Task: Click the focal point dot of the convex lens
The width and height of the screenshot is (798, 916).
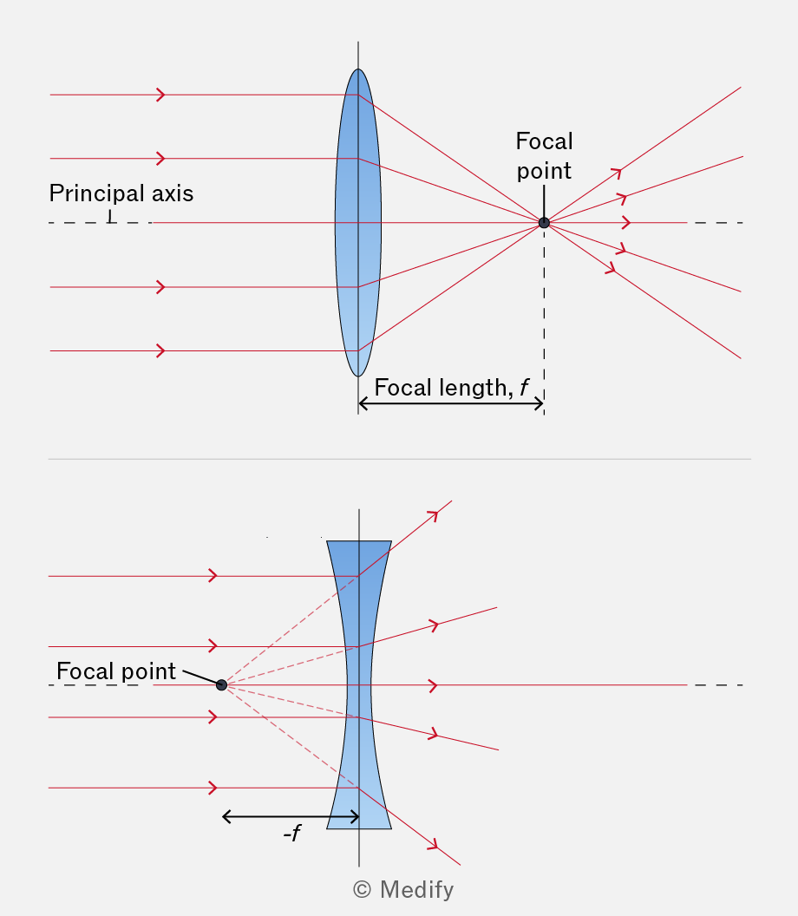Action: click(x=544, y=223)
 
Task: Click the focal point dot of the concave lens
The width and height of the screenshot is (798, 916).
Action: click(x=221, y=684)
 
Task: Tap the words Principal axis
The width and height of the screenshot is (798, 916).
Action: click(x=121, y=193)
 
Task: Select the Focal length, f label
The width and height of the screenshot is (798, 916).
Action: click(x=451, y=388)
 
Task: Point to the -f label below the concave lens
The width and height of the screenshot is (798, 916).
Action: click(x=291, y=833)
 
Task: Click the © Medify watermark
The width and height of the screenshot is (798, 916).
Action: click(x=403, y=890)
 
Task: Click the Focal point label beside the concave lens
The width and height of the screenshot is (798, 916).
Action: click(x=116, y=671)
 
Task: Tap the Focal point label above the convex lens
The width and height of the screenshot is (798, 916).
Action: click(x=545, y=156)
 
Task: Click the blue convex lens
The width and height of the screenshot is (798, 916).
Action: click(x=358, y=223)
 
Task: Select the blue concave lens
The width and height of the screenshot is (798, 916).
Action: click(x=359, y=684)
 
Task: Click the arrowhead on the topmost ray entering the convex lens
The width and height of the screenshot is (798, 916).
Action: click(x=161, y=95)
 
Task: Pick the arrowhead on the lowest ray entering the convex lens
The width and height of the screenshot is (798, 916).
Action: click(x=161, y=350)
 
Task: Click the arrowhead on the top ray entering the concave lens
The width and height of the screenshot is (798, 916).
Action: click(x=213, y=576)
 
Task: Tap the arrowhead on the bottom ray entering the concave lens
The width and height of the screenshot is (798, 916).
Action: click(x=213, y=788)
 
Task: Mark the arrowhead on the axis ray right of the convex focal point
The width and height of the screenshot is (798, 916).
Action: click(x=627, y=223)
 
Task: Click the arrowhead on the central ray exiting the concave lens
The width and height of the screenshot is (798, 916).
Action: click(x=434, y=684)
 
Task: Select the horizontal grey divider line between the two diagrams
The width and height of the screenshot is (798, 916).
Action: click(x=400, y=459)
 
